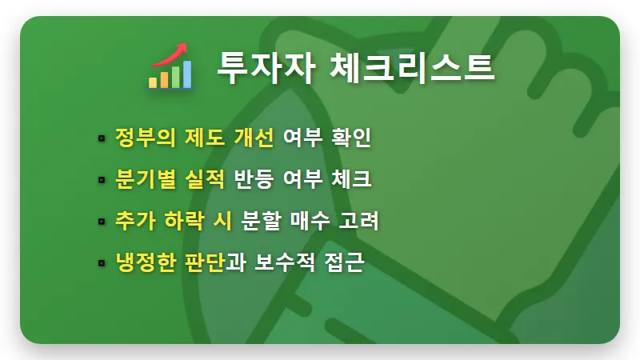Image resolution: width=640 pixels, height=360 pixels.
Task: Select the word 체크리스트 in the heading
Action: click(412, 66)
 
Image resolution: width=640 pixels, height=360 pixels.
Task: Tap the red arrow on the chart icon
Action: click(173, 54)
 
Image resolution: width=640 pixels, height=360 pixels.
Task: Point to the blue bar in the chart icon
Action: click(186, 74)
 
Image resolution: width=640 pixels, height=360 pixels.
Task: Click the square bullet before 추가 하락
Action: click(102, 222)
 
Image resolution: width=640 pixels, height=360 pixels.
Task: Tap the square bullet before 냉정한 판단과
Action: click(102, 263)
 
